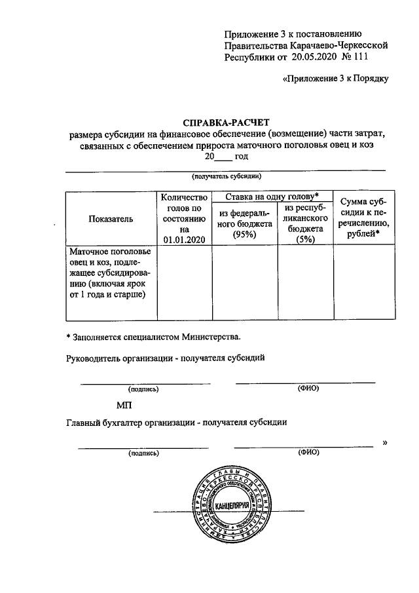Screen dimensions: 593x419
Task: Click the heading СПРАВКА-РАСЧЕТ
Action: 225,122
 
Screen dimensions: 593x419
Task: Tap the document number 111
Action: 360,57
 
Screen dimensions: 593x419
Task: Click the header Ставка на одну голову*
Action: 272,197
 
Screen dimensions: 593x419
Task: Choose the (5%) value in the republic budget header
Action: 304,240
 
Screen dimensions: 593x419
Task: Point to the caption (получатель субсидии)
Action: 226,177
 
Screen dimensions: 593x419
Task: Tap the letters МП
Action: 124,406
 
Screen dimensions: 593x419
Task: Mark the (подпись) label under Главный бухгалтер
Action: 143,453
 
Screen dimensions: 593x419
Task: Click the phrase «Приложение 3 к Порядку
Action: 335,79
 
